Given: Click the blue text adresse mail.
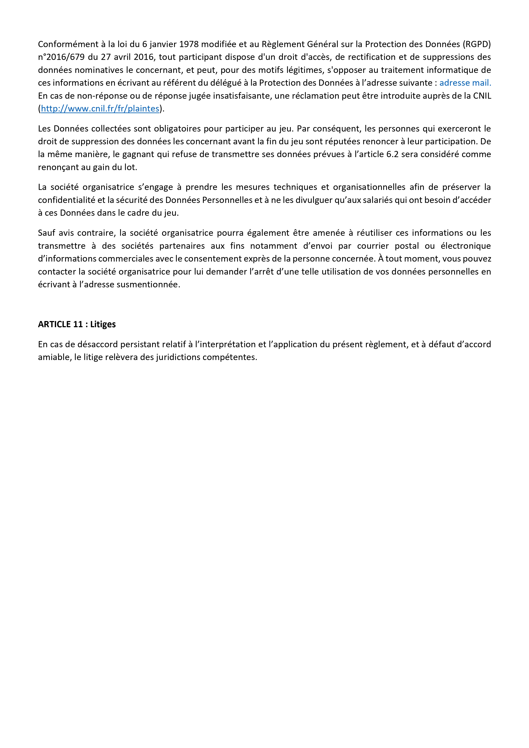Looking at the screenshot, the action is [465, 83].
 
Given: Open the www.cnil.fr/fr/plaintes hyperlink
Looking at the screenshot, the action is [100, 109].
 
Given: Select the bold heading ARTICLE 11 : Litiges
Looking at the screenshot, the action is [77, 324].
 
